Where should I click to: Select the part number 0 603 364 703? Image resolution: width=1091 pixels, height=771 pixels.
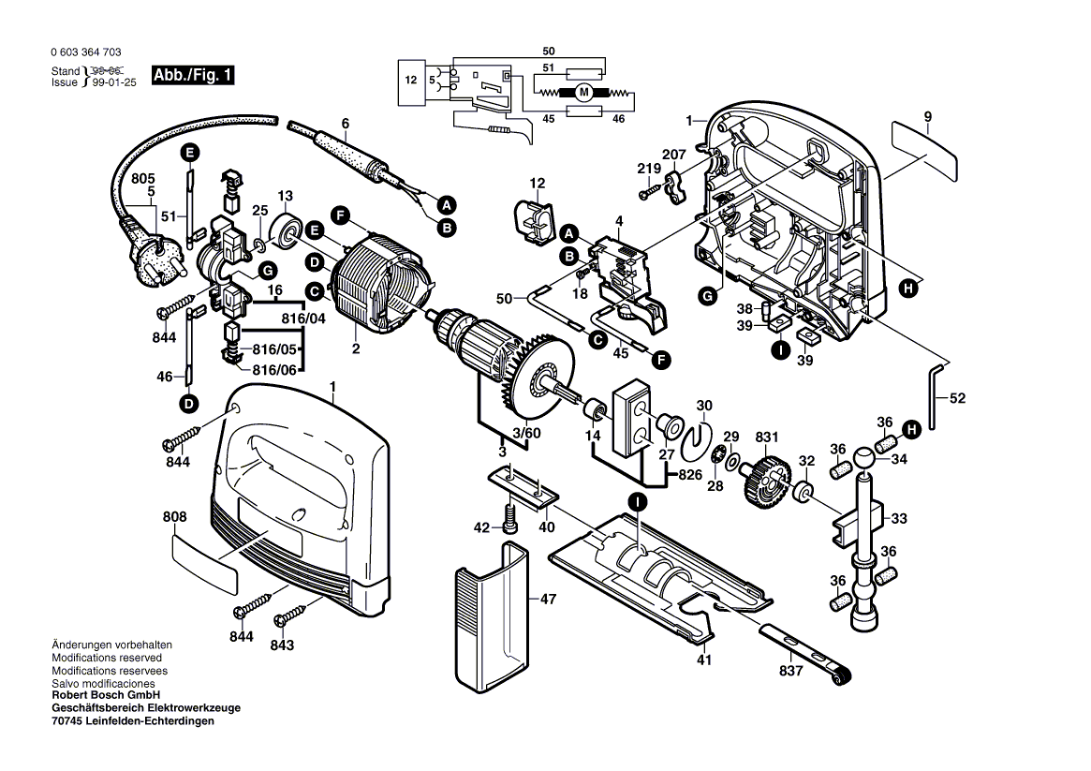tap(86, 53)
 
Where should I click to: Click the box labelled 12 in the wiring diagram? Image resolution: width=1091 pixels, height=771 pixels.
tap(410, 81)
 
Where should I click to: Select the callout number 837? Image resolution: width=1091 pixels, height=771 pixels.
tap(791, 671)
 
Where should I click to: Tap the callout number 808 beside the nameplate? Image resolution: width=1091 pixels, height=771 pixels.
tap(174, 516)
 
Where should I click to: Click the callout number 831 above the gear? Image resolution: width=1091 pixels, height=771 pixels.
tap(767, 437)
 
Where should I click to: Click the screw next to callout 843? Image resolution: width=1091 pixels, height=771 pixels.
tap(290, 615)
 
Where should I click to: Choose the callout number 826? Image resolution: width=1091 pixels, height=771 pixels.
tap(690, 476)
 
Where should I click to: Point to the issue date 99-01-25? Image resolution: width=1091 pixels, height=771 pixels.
tap(115, 82)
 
